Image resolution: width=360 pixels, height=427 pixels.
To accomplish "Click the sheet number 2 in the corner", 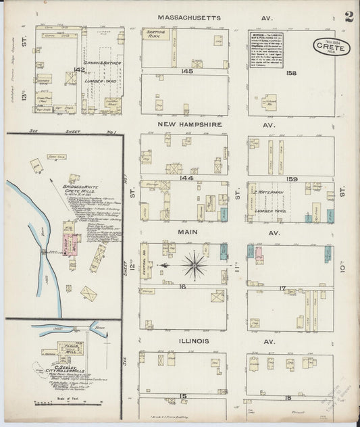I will [349, 17].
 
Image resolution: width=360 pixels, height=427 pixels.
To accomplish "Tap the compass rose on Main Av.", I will [195, 265].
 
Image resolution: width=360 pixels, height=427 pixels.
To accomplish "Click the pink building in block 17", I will [258, 256].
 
